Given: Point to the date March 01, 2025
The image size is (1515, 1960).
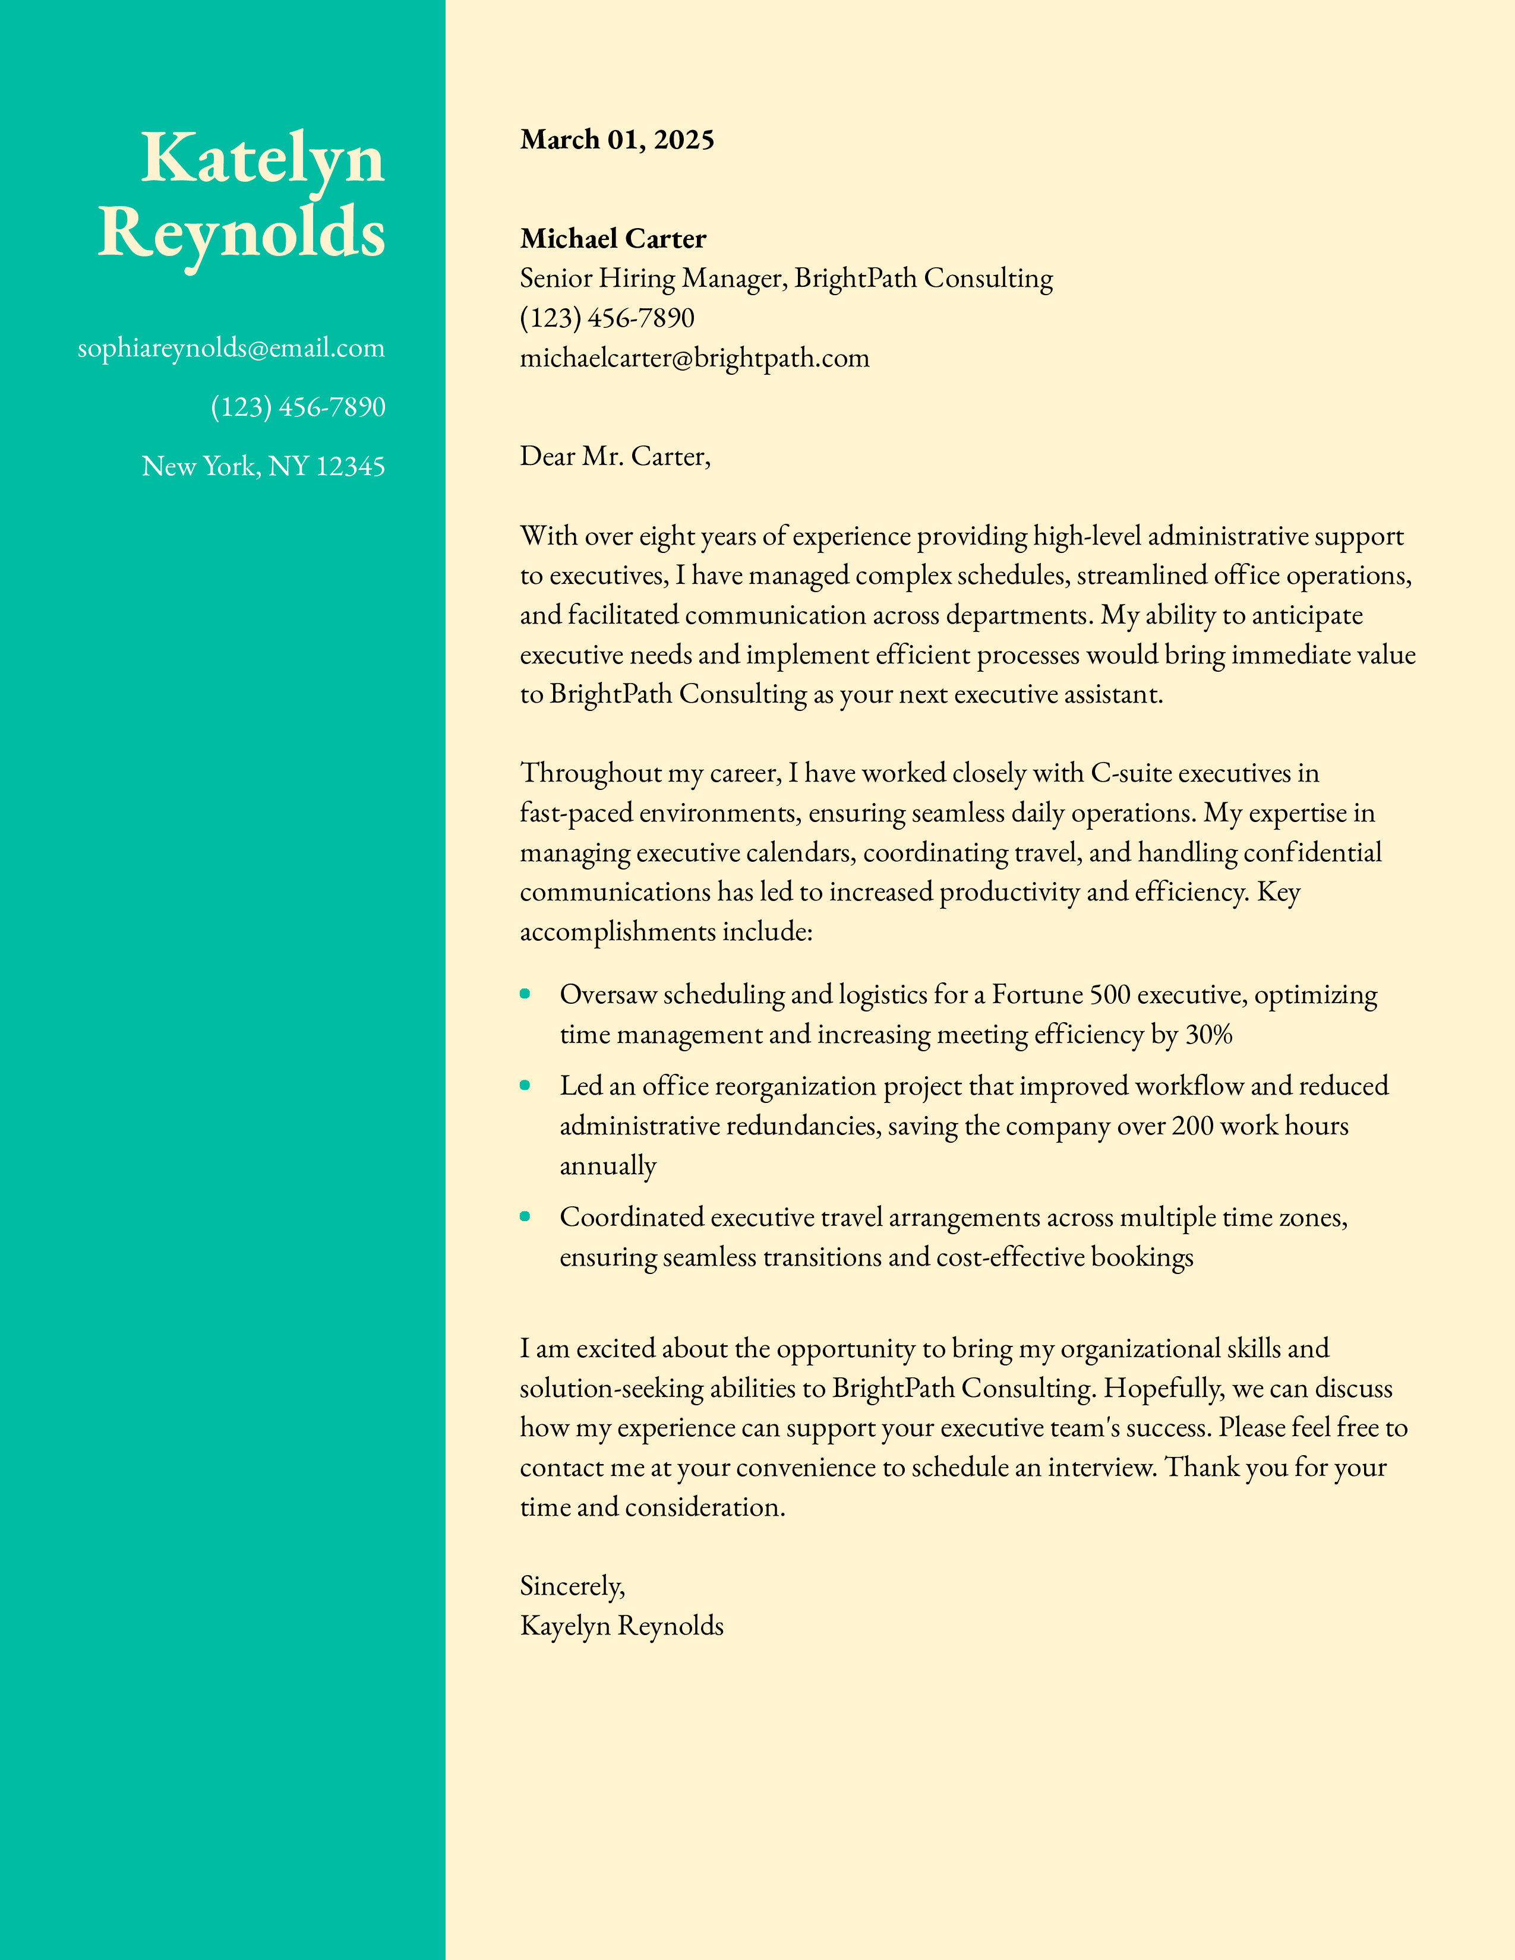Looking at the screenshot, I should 617,140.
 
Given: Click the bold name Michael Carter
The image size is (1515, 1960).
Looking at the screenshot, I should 613,239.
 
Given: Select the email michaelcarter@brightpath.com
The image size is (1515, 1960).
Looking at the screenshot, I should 695,358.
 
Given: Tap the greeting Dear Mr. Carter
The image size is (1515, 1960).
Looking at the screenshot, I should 615,457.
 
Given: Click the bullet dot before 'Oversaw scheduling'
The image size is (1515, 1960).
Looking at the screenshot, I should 525,994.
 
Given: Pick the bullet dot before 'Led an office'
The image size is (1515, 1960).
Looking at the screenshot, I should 525,1085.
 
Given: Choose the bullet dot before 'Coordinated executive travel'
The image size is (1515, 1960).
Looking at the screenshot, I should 525,1216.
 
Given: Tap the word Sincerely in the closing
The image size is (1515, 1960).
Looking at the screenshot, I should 571,1586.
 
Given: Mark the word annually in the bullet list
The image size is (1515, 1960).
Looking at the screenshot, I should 608,1166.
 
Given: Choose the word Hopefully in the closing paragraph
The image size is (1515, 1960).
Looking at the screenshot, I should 1162,1389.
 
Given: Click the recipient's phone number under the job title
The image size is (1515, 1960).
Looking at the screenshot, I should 607,318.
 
